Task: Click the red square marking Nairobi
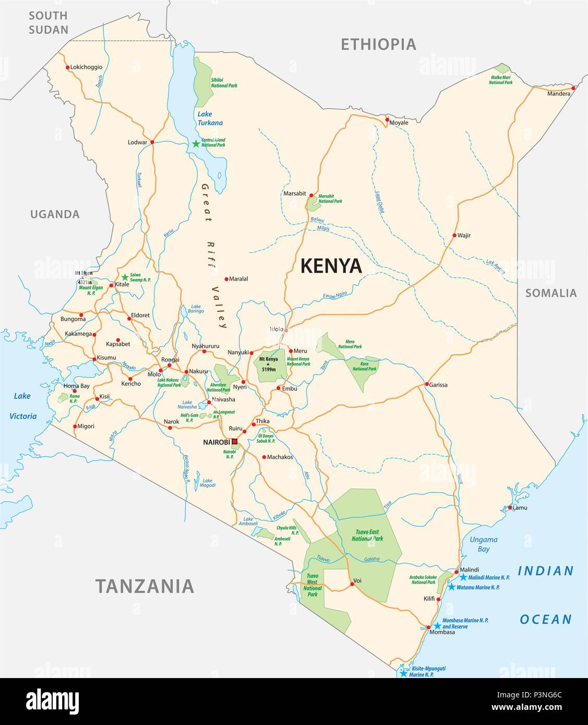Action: [x=234, y=442]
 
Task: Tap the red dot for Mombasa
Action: [x=428, y=627]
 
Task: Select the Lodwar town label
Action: [x=138, y=142]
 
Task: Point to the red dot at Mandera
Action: [x=573, y=88]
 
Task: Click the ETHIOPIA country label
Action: [x=378, y=44]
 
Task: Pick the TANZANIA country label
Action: [x=145, y=586]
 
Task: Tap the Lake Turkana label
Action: [x=210, y=118]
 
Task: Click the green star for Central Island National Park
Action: [x=196, y=143]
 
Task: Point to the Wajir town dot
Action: [x=454, y=235]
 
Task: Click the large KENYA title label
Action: [x=331, y=266]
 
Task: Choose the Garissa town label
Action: [x=438, y=384]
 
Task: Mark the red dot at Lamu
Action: [x=509, y=507]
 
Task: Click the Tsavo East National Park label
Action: [x=369, y=535]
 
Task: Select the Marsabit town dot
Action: [x=310, y=194]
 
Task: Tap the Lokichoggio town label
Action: [x=87, y=67]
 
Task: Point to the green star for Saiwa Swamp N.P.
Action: [x=125, y=277]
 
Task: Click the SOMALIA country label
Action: [x=550, y=293]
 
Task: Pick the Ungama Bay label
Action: [x=483, y=544]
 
